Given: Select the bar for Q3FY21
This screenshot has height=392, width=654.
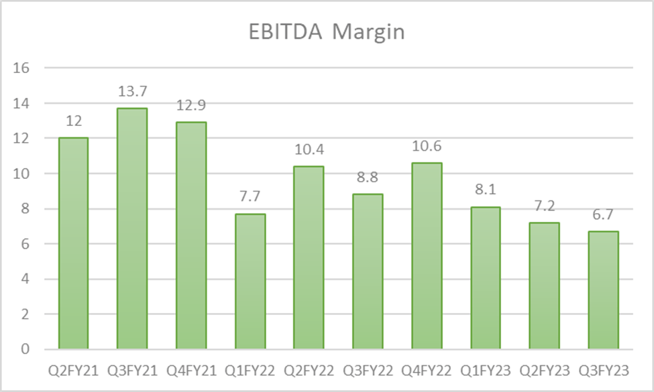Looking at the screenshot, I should point(132,228).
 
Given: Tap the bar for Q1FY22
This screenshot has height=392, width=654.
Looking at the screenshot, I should point(250,281).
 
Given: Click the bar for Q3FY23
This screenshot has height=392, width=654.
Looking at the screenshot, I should point(603,290).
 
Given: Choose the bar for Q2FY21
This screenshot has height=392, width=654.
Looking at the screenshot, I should point(73,243).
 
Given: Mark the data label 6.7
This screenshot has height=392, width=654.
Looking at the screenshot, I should point(603,216).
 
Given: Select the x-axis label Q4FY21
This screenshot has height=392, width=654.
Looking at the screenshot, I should point(191,369).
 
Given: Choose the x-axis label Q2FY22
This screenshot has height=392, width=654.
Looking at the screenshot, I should point(309,369).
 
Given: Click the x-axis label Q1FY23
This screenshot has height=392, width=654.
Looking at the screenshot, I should point(485,369).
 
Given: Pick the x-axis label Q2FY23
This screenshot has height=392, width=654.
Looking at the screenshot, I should point(544,369).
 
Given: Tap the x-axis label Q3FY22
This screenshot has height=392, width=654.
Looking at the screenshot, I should point(368,369).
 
